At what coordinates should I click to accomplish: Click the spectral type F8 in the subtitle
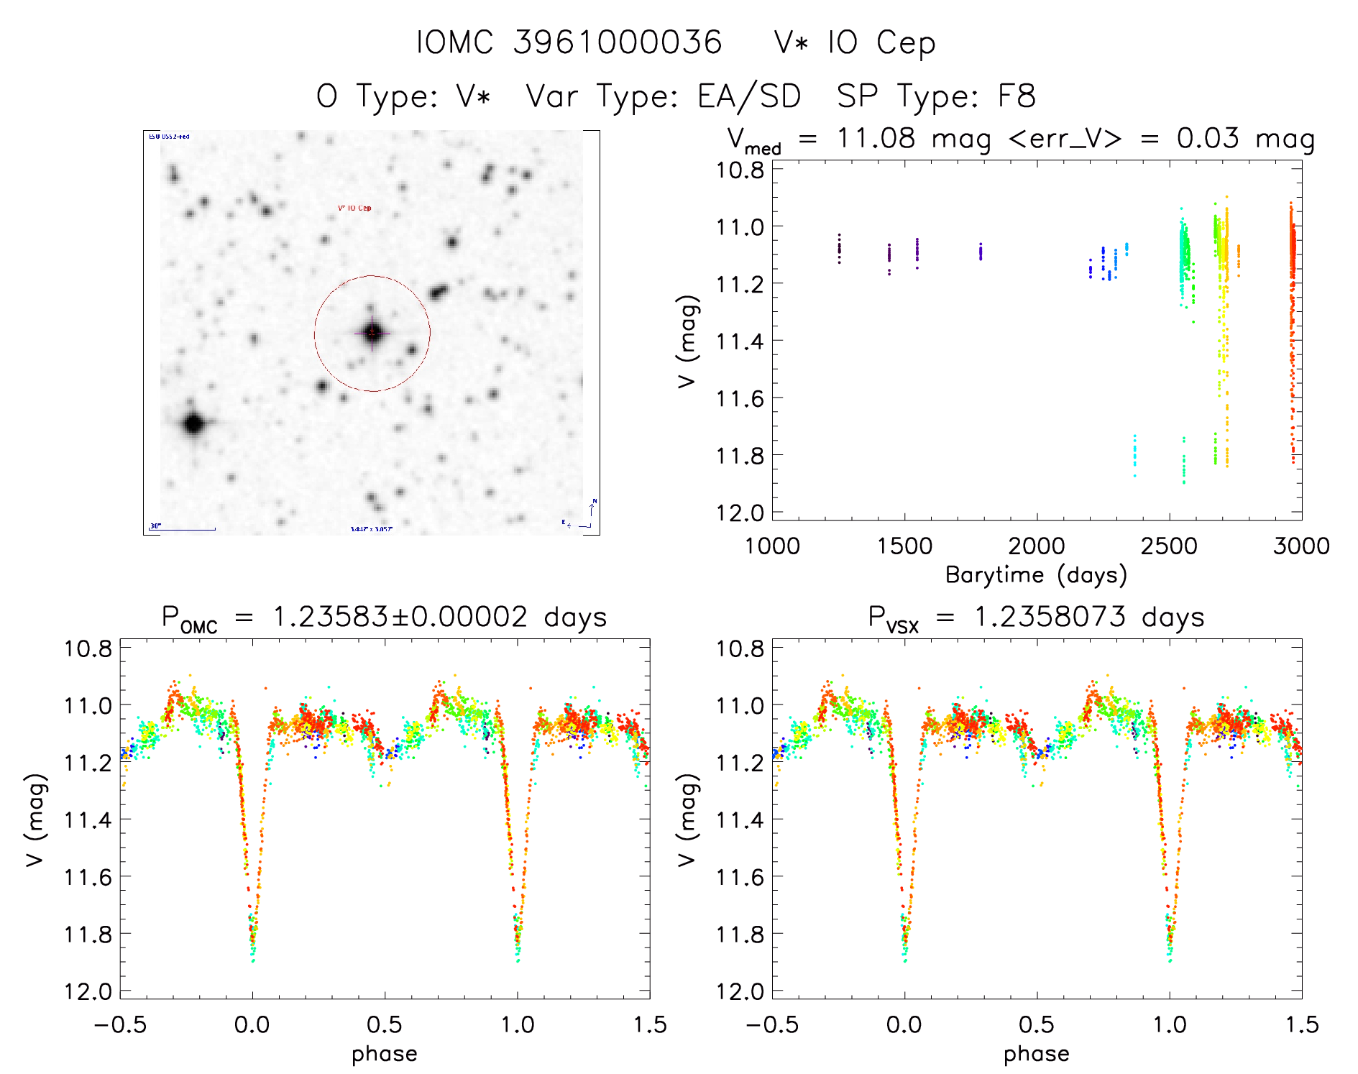click(x=1016, y=96)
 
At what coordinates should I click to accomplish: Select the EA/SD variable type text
click(x=749, y=96)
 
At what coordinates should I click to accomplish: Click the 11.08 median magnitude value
click(x=876, y=138)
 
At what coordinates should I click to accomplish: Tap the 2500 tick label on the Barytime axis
click(x=1169, y=546)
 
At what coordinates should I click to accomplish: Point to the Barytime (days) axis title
click(x=1036, y=575)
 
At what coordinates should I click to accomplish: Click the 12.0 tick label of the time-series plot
click(x=740, y=513)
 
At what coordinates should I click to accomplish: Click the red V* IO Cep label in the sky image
click(x=354, y=208)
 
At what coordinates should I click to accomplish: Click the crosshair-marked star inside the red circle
click(x=372, y=333)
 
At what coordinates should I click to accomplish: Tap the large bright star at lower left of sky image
click(x=193, y=423)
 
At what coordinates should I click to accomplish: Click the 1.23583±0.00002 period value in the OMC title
click(x=400, y=618)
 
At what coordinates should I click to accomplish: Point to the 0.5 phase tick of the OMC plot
click(x=385, y=1024)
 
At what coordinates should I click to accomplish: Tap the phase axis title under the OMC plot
click(x=384, y=1054)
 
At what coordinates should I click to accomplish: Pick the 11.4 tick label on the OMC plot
click(x=88, y=820)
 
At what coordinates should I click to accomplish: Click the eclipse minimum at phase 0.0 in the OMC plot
click(x=253, y=960)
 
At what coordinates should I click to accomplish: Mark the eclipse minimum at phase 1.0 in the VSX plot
click(x=1170, y=960)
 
